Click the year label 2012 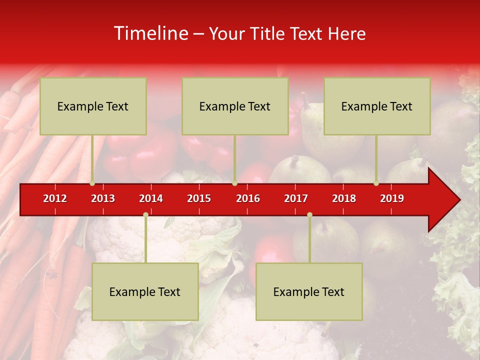click(x=55, y=198)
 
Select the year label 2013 click(x=103, y=198)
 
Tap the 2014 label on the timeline click(x=151, y=198)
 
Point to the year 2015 click(x=199, y=198)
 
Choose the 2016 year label click(x=248, y=198)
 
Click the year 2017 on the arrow click(x=296, y=198)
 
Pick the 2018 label click(x=344, y=198)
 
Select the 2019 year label click(x=392, y=198)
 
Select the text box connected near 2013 click(x=93, y=106)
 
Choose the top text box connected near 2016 click(x=235, y=106)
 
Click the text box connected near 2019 click(x=377, y=106)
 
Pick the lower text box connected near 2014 click(x=145, y=292)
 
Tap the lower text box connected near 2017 click(x=309, y=292)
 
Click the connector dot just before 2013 click(x=92, y=183)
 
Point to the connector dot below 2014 click(x=145, y=214)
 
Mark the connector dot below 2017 click(x=309, y=214)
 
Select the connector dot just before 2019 click(x=376, y=183)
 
